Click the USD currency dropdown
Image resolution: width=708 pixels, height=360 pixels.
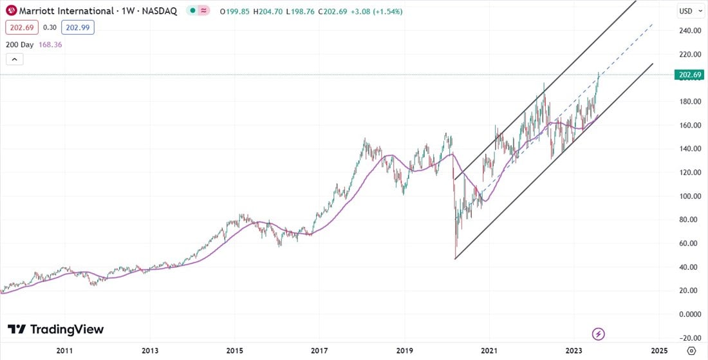[689, 11]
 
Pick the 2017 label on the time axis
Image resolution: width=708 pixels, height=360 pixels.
[319, 351]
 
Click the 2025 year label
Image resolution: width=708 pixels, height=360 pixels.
[658, 351]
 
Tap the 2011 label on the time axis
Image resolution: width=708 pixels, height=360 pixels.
[64, 351]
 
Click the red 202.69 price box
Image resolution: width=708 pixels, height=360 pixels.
[19, 28]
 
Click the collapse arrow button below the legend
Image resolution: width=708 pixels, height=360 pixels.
[14, 60]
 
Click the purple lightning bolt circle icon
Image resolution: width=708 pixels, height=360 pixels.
[599, 334]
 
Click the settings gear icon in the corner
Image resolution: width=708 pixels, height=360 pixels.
[691, 351]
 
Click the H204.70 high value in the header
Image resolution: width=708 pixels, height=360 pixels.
[270, 12]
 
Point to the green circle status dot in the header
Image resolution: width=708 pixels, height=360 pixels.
[192, 12]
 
